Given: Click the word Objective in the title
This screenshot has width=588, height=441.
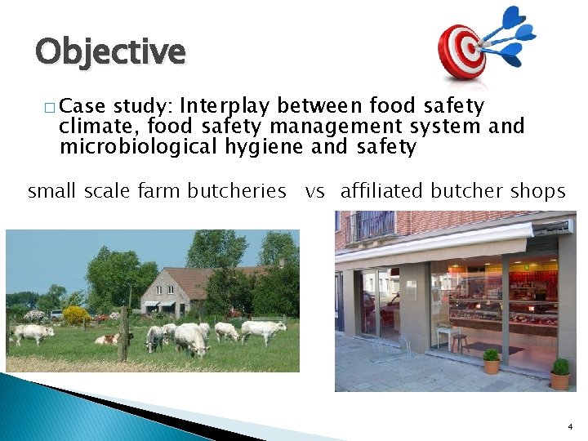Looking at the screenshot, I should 110,51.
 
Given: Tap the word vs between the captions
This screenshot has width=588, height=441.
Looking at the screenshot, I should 314,192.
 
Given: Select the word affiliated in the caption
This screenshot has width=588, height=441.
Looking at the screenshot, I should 381,191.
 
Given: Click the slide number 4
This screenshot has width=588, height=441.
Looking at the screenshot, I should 568,426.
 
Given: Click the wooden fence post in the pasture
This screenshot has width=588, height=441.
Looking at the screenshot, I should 123,334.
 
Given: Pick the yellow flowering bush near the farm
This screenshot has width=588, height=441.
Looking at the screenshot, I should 75,314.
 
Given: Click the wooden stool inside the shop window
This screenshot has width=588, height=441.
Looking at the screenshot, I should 460,341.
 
